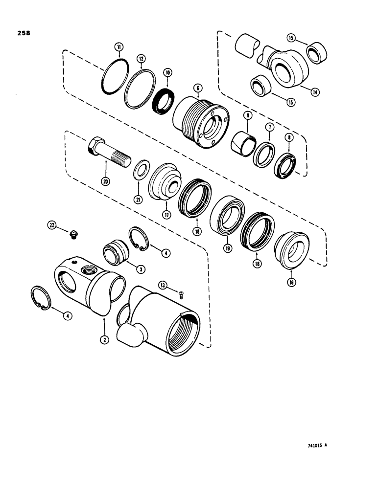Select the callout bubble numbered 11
118,47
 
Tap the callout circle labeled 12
141,59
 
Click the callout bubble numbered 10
168,72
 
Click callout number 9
247,115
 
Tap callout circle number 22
52,225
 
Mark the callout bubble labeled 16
292,283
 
